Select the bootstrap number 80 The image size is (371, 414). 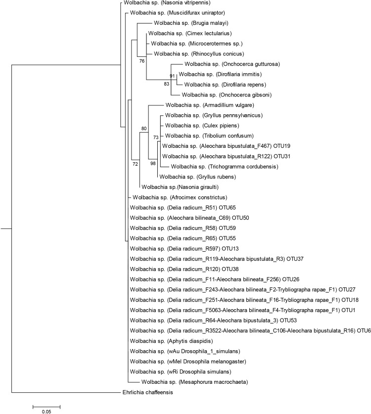coord(144,129)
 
